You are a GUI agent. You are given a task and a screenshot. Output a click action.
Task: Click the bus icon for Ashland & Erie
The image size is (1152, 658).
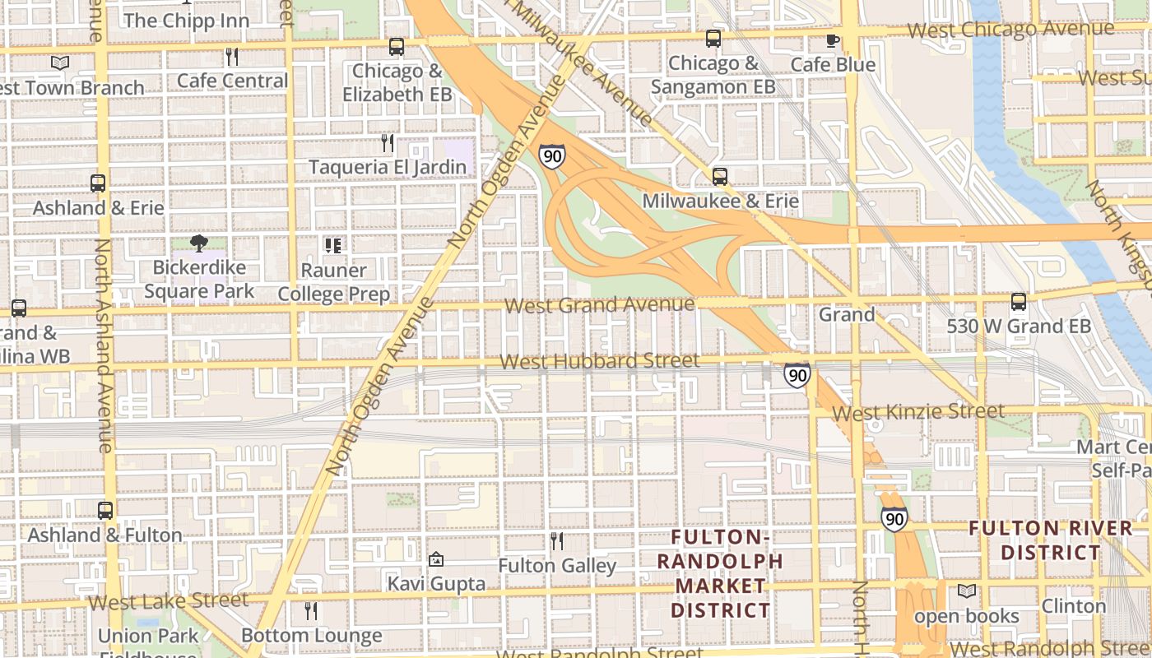(x=98, y=183)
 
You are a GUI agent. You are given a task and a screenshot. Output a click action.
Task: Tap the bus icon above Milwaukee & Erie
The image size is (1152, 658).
(x=720, y=176)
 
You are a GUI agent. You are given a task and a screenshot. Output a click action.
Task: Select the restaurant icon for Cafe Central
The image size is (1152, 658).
(x=232, y=57)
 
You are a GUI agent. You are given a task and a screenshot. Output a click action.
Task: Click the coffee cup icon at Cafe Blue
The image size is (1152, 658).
(x=833, y=40)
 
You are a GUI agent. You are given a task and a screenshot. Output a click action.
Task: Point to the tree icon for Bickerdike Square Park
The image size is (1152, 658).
(x=198, y=243)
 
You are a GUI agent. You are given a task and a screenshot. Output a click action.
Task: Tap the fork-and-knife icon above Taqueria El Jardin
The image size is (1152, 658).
(x=388, y=143)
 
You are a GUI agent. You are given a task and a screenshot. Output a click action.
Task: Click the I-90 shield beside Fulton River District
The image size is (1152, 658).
(x=894, y=518)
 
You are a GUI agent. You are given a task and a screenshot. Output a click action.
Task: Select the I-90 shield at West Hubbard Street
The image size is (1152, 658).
(x=797, y=375)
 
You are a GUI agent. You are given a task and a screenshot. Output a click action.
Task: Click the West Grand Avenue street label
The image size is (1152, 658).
(x=599, y=305)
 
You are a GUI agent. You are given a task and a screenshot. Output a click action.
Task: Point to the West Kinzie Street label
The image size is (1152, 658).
(x=917, y=411)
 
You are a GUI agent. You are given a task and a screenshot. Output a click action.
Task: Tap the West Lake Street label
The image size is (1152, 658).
(x=168, y=600)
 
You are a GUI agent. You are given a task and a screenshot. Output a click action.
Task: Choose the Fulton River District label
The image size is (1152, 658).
(x=1050, y=540)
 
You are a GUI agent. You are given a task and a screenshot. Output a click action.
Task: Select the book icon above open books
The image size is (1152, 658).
(x=967, y=591)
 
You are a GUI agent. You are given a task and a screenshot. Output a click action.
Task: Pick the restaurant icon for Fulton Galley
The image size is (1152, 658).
(x=557, y=541)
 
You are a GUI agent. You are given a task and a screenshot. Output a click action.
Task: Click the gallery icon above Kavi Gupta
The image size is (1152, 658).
(x=436, y=559)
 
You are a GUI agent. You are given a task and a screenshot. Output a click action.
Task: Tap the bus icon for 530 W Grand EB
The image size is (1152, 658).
(x=1019, y=302)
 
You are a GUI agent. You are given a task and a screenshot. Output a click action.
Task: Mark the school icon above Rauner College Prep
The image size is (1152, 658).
(x=333, y=245)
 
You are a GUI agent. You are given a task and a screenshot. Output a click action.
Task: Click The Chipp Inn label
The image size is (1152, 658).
(x=186, y=20)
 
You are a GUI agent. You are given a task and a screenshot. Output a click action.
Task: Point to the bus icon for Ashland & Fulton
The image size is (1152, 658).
(x=105, y=510)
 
